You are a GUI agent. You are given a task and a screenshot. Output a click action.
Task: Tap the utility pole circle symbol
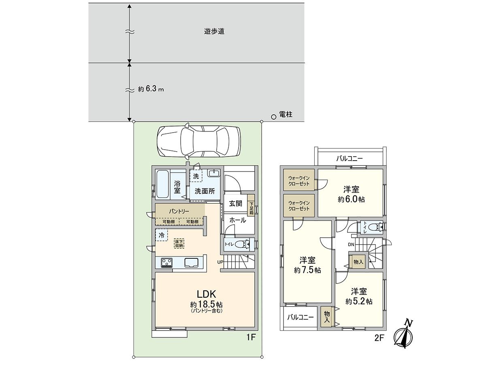tap(273, 116)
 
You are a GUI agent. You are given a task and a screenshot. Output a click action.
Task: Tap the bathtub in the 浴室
tap(162, 185)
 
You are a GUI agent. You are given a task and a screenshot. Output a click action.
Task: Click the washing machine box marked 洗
tap(196, 176)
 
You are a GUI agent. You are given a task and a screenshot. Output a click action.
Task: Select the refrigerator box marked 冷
tap(162, 235)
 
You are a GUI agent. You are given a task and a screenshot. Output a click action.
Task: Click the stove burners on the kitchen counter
tap(166, 263)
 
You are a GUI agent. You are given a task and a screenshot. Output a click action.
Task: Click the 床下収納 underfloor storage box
tap(179, 243)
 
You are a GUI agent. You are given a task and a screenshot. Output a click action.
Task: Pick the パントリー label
tap(179, 211)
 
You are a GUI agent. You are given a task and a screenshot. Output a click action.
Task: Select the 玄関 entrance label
tap(235, 203)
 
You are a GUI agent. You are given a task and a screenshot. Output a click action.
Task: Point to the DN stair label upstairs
tap(351, 245)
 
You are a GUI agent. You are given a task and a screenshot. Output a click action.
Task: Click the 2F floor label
tap(379, 338)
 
